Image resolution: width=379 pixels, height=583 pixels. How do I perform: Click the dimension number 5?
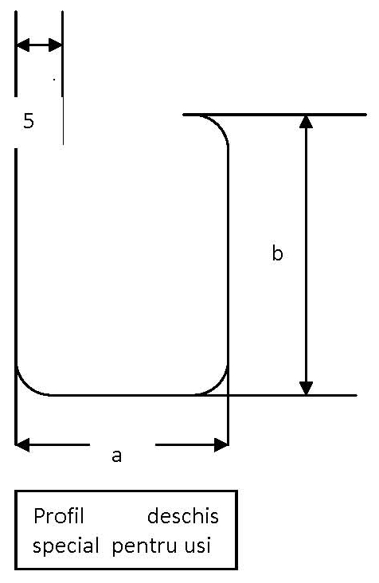point(29,121)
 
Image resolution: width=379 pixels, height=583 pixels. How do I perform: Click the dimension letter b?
point(277,253)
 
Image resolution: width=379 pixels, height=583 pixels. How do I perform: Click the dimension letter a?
point(117,456)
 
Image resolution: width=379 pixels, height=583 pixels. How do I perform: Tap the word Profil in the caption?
point(59,516)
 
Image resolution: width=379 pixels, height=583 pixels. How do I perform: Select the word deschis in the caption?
point(183,516)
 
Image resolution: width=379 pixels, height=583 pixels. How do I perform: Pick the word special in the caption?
point(66,546)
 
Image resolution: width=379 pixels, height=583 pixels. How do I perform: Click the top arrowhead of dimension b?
point(306,122)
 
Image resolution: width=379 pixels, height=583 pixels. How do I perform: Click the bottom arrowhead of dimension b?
point(306,388)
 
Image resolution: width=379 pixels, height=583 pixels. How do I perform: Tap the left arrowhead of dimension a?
point(22,444)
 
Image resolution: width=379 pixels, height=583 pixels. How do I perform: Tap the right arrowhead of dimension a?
point(221,444)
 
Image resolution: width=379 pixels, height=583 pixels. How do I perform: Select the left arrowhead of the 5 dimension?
point(22,45)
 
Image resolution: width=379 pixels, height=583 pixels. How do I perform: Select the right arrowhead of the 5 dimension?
point(56,45)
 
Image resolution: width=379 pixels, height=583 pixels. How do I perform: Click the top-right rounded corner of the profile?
point(218,125)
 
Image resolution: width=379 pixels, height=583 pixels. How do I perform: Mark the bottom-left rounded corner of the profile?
point(25,385)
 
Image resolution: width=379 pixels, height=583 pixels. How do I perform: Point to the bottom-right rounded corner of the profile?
point(219,385)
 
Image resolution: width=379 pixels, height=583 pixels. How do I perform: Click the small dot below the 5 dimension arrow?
point(54,79)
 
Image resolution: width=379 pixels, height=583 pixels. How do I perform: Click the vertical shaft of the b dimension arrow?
point(306,255)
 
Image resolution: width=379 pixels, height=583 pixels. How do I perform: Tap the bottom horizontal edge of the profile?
point(123,395)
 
